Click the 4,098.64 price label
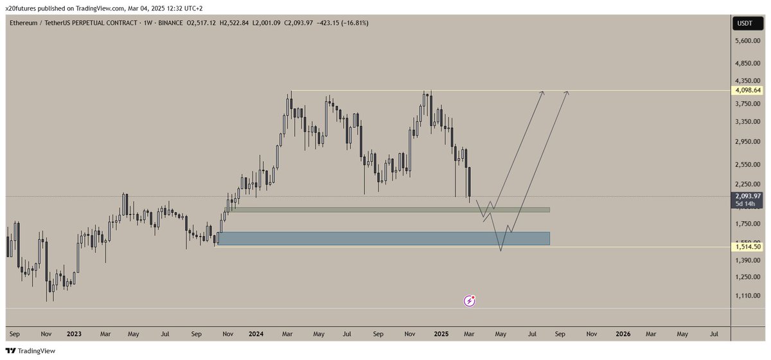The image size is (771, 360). click(748, 91)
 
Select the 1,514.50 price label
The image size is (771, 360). click(748, 246)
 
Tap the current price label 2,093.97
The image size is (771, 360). click(748, 196)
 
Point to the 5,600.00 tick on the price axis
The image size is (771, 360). click(749, 40)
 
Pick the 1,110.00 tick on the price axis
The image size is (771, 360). click(749, 296)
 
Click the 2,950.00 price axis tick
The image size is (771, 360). click(749, 141)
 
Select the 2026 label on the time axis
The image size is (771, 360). click(623, 334)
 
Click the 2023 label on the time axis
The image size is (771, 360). click(74, 334)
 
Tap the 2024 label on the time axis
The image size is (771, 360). click(256, 334)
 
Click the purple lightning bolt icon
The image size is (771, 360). click(470, 300)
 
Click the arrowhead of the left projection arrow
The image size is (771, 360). click(543, 93)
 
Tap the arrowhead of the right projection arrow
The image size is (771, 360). click(566, 93)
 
